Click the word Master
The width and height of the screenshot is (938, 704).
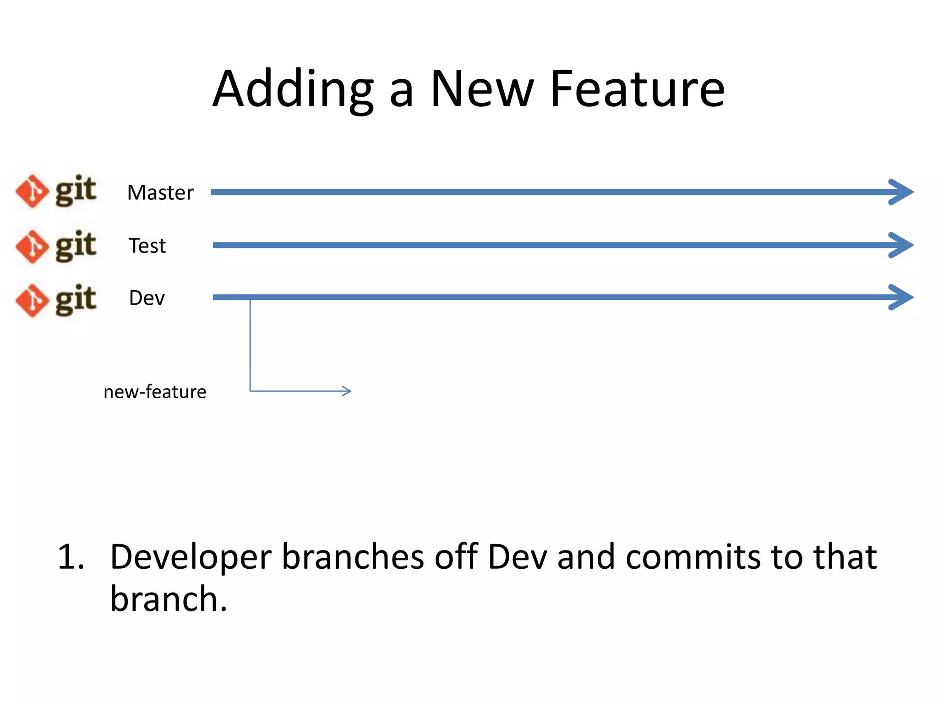(160, 193)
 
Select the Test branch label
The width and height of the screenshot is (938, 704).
(147, 246)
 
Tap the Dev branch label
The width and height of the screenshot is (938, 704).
(147, 298)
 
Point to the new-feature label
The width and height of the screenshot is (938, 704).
(155, 392)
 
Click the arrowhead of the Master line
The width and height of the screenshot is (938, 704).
(901, 192)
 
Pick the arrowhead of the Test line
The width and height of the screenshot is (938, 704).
(901, 245)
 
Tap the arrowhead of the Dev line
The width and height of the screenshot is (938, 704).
(901, 297)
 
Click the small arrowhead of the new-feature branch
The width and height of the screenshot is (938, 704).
(347, 391)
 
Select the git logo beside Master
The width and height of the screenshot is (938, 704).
(56, 191)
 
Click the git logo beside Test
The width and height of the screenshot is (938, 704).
(56, 246)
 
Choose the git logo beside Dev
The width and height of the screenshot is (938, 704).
(56, 300)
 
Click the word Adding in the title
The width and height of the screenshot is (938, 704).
(293, 89)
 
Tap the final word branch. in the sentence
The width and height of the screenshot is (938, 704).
(169, 599)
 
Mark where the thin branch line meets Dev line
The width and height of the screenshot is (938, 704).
(250, 298)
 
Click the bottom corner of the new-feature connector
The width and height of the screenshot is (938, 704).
(250, 391)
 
